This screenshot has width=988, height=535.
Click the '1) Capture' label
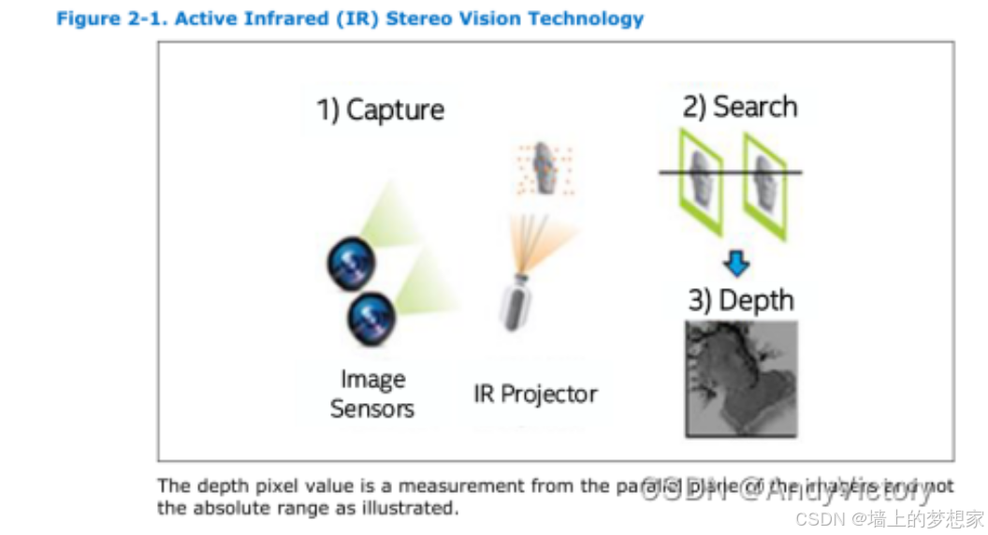[380, 109]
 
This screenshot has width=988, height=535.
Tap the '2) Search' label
[739, 107]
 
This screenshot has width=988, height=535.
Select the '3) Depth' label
[740, 300]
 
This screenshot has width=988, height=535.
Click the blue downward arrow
[737, 265]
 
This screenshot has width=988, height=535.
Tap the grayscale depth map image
[741, 378]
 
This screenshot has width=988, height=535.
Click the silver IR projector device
[513, 301]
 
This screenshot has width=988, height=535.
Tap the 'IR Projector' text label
[535, 394]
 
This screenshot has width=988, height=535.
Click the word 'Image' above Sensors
[372, 381]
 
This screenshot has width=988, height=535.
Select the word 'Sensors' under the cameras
[372, 409]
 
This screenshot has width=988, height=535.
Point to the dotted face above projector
[544, 168]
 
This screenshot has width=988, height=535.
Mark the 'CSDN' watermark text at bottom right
[817, 517]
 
